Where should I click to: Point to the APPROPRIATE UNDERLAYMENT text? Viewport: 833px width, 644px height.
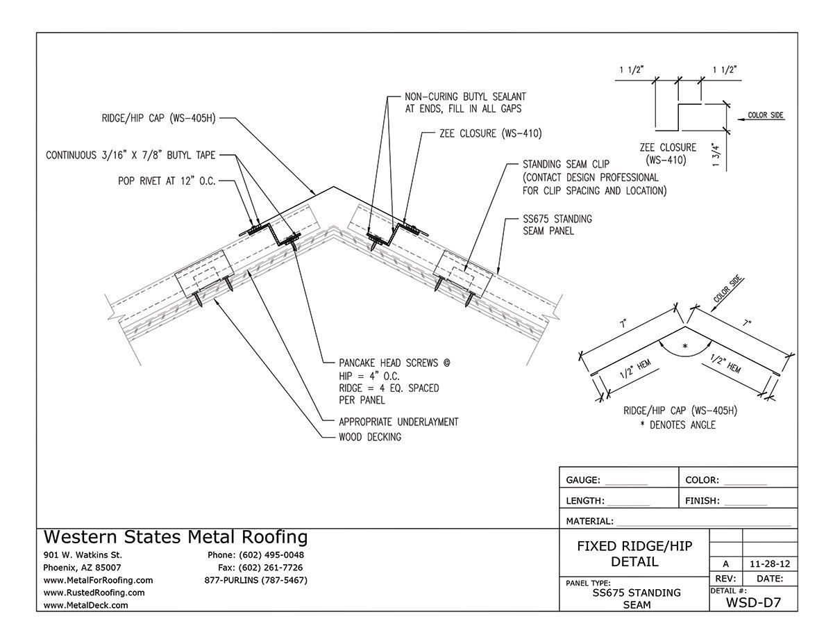(x=398, y=422)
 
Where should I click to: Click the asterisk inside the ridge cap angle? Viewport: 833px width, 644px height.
(x=685, y=345)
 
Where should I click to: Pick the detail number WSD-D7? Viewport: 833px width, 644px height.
(x=752, y=603)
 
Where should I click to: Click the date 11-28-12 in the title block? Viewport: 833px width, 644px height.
(x=770, y=565)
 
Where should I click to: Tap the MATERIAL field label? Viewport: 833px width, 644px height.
(x=589, y=521)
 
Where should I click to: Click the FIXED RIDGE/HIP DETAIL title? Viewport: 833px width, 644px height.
(x=634, y=554)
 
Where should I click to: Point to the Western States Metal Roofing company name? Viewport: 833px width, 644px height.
(x=176, y=537)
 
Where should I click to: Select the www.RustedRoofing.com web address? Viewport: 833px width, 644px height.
(x=94, y=593)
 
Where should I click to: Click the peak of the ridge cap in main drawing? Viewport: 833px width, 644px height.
(x=335, y=186)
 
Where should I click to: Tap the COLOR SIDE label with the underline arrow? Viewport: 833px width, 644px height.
(x=766, y=115)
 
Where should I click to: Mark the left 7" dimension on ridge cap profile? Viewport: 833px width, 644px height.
(x=623, y=324)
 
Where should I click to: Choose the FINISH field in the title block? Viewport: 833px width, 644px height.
(x=703, y=500)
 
